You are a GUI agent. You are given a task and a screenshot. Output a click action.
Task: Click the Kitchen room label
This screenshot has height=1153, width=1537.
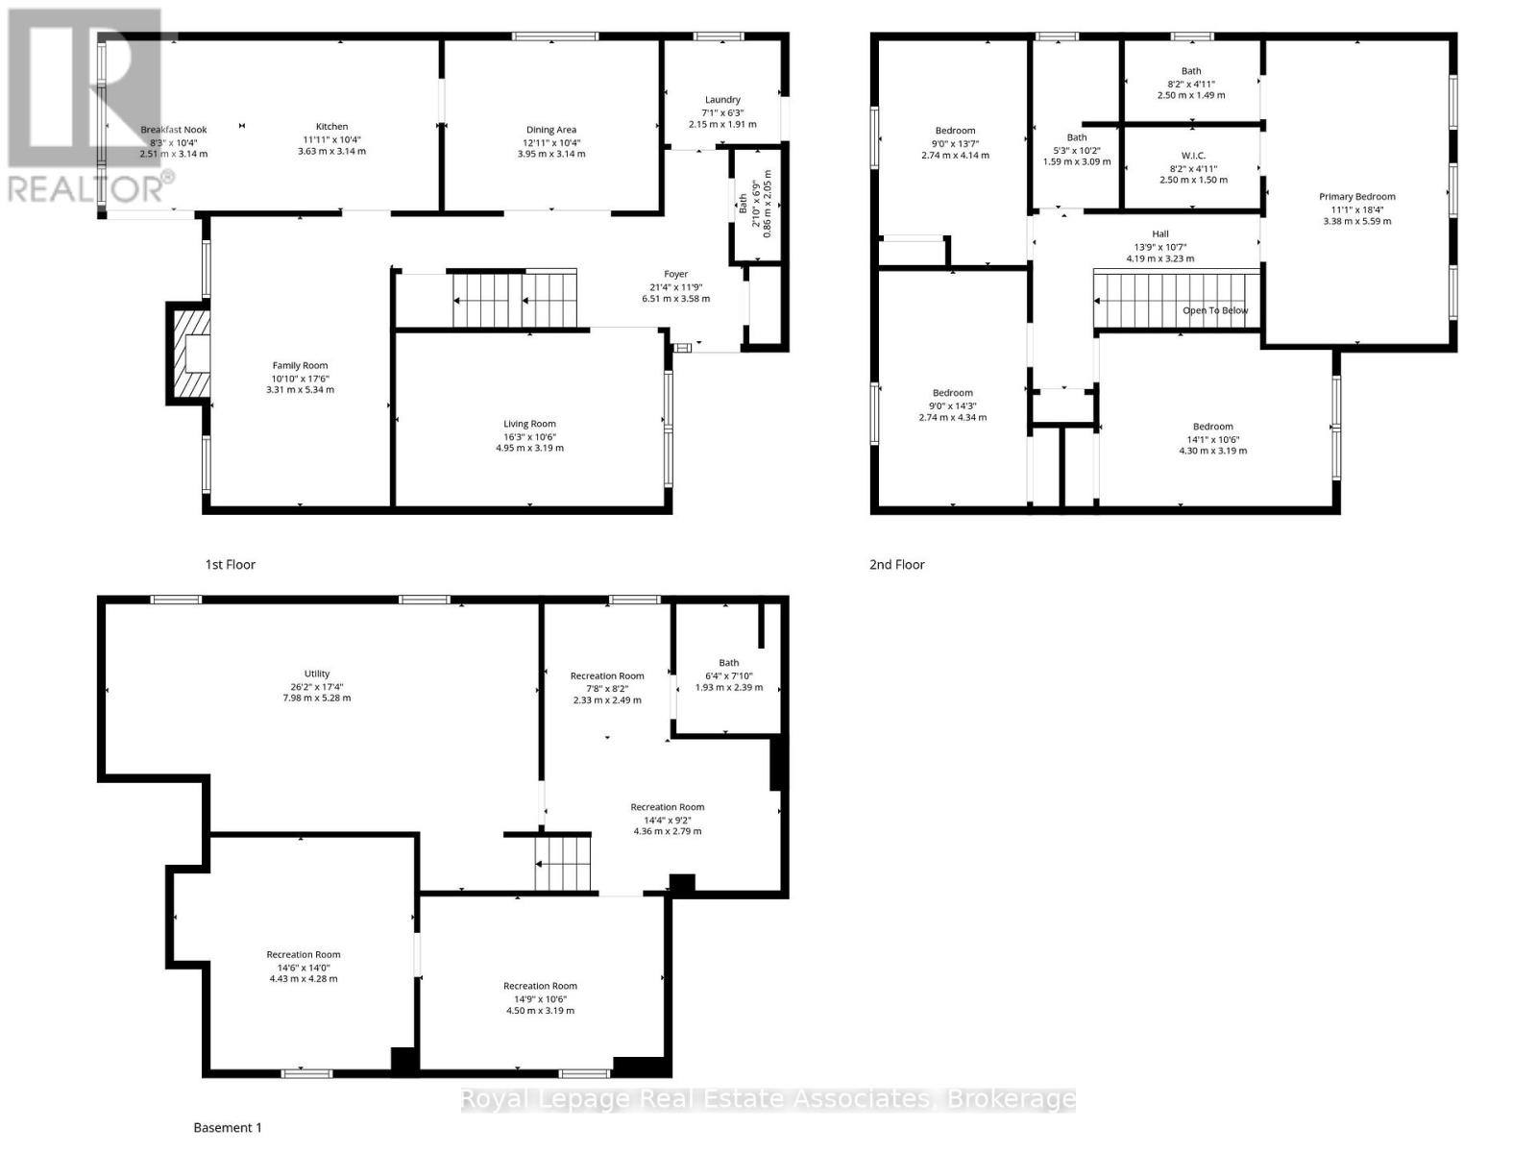point(332,127)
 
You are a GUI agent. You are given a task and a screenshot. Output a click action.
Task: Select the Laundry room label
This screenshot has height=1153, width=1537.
point(722,100)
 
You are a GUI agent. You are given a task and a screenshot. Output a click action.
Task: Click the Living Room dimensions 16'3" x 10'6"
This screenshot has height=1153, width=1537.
point(529,436)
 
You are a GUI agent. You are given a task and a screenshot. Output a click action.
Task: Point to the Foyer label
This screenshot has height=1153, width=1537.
point(675,274)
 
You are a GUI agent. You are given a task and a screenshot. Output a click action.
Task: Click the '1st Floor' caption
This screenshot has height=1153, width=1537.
point(231,565)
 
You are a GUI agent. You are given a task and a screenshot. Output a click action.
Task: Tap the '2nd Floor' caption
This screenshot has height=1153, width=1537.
point(896,565)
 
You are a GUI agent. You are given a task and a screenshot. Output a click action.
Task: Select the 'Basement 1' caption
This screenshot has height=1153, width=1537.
point(228,1128)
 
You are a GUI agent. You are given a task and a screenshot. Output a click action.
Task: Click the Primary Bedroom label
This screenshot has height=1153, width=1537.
point(1356,197)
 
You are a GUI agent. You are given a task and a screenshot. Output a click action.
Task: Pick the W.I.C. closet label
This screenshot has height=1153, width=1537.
point(1193,156)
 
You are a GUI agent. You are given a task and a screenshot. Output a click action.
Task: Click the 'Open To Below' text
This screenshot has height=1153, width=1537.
point(1215,310)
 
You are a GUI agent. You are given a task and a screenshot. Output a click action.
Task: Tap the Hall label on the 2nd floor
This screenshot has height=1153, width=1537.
point(1160,234)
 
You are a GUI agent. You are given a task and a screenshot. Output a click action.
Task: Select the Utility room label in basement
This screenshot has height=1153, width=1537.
point(317,675)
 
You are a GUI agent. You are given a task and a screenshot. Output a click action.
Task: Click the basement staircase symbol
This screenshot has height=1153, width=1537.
point(561,863)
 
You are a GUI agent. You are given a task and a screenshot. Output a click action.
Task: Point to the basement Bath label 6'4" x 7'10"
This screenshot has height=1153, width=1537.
point(729,663)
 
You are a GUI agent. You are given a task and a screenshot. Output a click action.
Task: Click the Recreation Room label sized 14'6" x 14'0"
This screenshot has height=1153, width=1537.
point(304,955)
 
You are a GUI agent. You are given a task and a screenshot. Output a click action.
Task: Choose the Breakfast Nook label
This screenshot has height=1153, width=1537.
point(174,130)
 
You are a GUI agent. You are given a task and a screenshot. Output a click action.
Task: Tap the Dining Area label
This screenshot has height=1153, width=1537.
point(551,130)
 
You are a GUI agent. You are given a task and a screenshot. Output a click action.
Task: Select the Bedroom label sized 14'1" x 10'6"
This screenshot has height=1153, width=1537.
point(1212,427)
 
